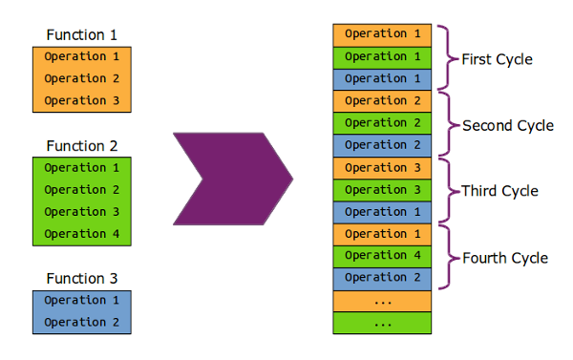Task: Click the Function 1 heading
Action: [89, 35]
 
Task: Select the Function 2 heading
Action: [89, 146]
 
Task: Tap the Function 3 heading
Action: [89, 279]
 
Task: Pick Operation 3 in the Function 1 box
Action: [89, 100]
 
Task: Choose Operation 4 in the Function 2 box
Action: [89, 234]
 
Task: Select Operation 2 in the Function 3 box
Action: [89, 322]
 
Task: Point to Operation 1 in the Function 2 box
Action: [89, 167]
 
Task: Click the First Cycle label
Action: [497, 59]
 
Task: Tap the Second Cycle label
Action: [507, 125]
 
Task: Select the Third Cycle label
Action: [499, 191]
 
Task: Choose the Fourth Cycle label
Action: [504, 258]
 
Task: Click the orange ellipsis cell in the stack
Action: [382, 300]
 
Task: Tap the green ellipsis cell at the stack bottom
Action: [382, 323]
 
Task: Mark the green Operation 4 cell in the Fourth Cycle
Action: [382, 256]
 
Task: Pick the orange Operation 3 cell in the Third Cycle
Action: [382, 167]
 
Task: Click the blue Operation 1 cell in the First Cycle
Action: [382, 78]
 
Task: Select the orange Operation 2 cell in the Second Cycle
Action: [382, 100]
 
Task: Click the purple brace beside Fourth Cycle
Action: [448, 256]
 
